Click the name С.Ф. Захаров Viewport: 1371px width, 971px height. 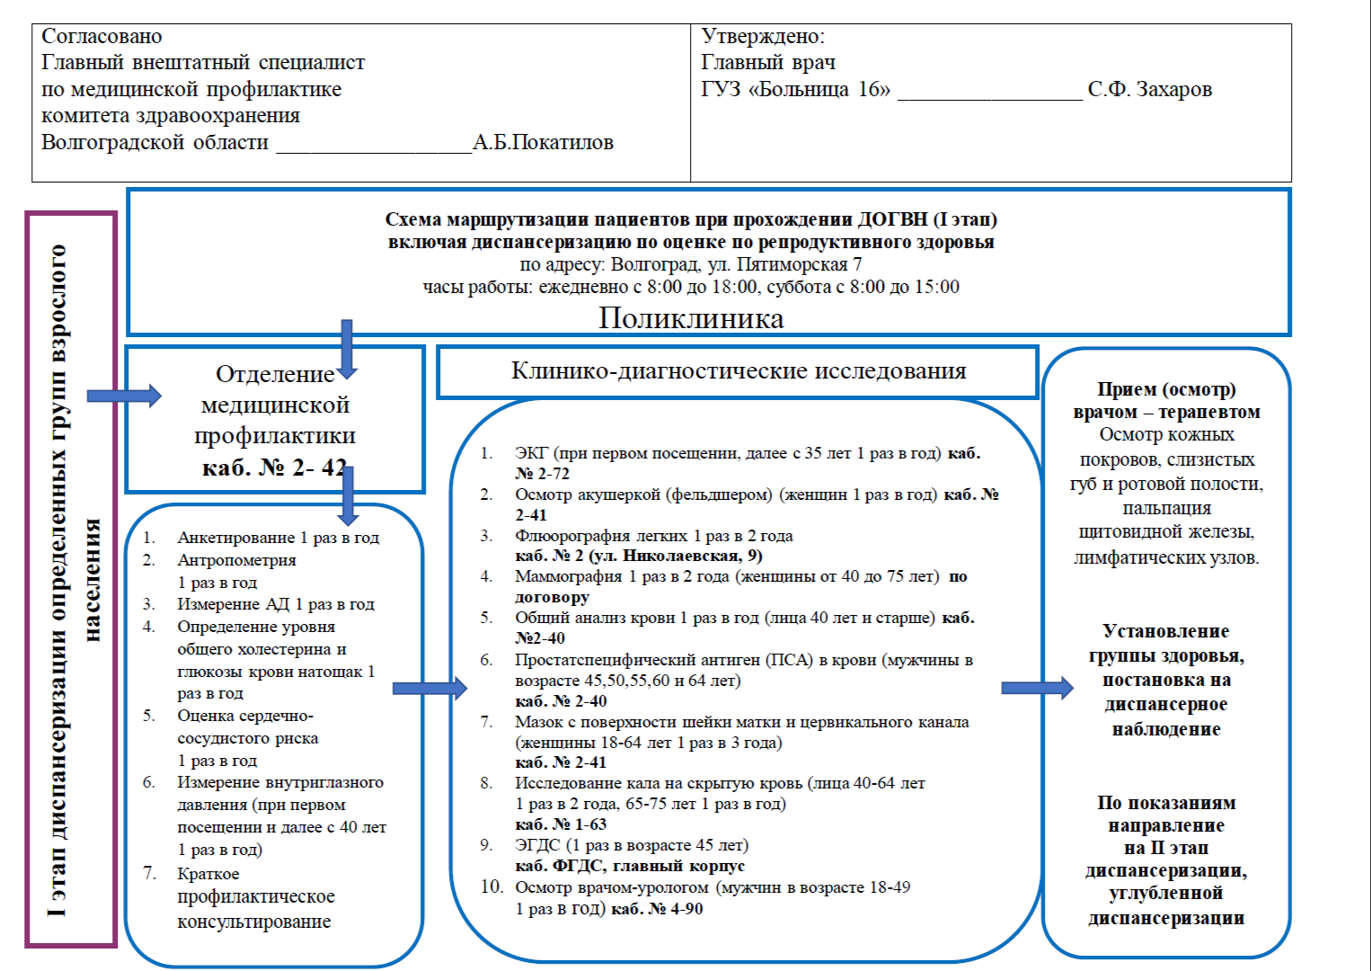pos(1149,90)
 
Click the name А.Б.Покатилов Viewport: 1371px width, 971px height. pos(543,143)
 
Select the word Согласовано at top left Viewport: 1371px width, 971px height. pos(102,37)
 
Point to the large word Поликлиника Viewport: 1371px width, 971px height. pos(691,318)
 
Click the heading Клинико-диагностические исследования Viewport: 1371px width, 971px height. pos(739,370)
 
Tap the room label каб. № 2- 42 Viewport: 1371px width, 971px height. pos(274,468)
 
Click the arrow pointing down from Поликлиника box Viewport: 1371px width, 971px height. pos(347,349)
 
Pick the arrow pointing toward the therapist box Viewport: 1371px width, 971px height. pos(1037,689)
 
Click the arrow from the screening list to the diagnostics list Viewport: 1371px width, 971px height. pos(429,689)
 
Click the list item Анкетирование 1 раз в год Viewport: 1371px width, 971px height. pos(278,538)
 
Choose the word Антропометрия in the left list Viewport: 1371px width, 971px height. pos(236,560)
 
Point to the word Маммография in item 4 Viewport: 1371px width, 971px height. pos(568,576)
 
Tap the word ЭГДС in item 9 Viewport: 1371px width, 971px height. pos(537,845)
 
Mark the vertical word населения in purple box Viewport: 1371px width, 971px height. pos(92,580)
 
